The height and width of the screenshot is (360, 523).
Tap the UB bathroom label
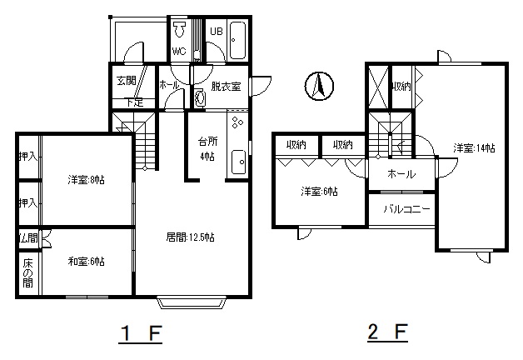click(216, 32)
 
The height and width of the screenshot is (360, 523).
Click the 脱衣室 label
click(226, 86)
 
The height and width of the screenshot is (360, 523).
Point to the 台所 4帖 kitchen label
click(207, 147)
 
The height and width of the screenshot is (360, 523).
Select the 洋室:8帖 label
click(86, 179)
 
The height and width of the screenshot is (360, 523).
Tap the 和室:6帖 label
click(86, 261)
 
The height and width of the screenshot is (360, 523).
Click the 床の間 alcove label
click(28, 273)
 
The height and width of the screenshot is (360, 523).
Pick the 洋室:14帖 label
click(475, 148)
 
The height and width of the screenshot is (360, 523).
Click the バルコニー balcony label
click(406, 208)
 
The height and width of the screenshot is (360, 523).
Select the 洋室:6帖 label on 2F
click(320, 192)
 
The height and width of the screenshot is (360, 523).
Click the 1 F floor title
click(139, 334)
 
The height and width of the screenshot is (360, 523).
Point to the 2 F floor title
click(387, 334)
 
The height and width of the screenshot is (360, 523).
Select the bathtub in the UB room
click(237, 38)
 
